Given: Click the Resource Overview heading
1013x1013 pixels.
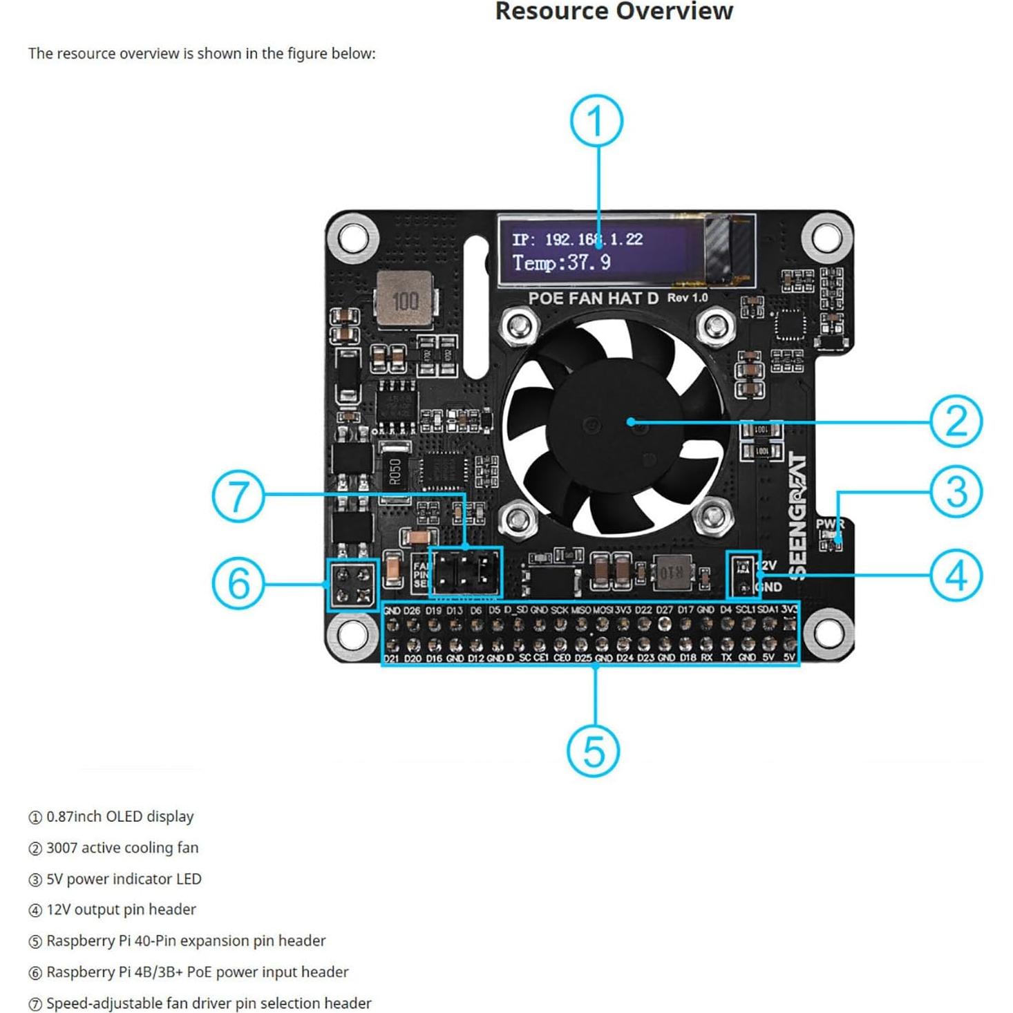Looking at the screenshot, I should pos(614,12).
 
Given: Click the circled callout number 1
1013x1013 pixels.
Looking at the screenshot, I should pos(596,121).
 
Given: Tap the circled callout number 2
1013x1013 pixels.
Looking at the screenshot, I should pos(956,421).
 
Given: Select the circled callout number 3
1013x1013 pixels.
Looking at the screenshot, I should pos(956,492).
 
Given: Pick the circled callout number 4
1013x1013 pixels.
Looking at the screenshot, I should pos(956,576).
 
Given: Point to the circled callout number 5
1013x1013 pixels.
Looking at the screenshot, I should pos(594,750).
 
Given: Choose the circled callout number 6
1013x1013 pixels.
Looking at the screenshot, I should pos(238,583).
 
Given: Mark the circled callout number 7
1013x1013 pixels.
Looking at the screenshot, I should pos(238,496).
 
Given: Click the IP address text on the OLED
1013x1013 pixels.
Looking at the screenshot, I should pos(577,240).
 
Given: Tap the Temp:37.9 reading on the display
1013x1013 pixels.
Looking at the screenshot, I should pos(561,263).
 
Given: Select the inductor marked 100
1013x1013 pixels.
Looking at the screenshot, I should pos(405,301).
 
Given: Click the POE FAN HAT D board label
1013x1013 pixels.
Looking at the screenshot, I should pos(593,299).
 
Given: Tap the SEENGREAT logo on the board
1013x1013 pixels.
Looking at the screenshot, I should pos(797,515).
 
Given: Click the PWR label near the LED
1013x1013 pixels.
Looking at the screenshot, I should pos(829,524).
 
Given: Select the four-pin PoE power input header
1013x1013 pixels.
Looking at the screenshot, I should pos(353,585).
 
